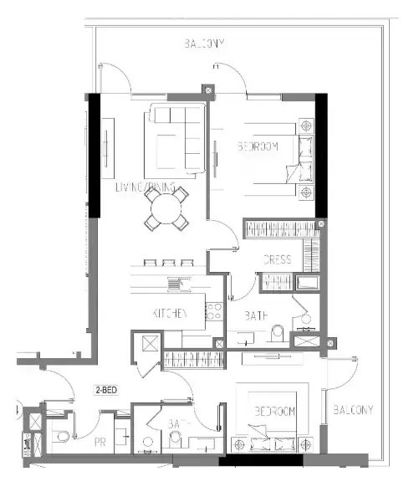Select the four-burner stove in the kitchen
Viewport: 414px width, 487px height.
213,311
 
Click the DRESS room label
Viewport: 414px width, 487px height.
277,259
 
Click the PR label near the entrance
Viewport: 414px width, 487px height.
100,441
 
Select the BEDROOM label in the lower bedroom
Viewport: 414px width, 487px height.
277,413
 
